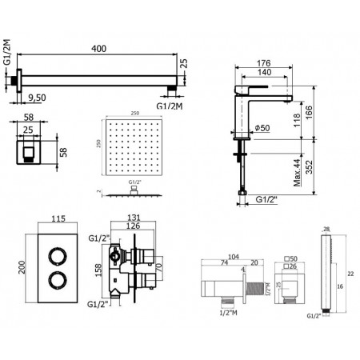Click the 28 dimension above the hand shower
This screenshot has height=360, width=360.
pyautogui.click(x=326, y=230)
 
